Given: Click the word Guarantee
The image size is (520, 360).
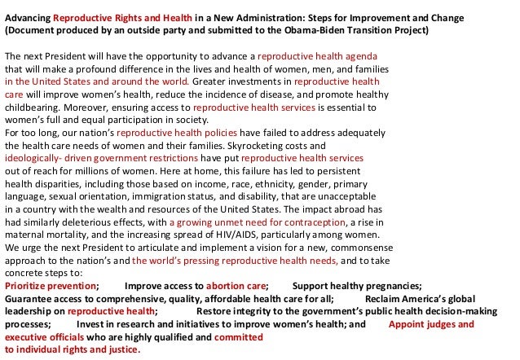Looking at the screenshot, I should point(29,298).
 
